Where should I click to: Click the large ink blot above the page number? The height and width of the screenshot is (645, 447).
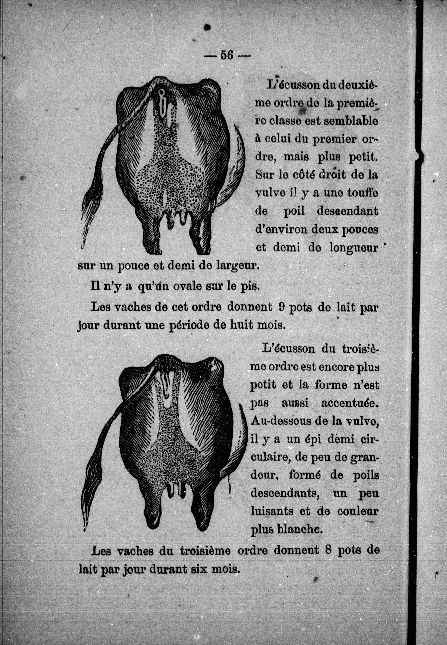coord(207,27)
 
